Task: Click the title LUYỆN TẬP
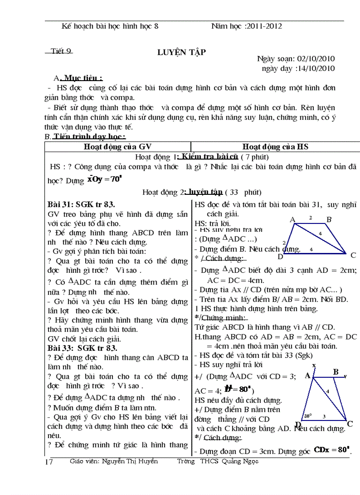181,52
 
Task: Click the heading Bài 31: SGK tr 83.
81,204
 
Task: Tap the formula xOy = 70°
104,179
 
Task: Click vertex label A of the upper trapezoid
292,220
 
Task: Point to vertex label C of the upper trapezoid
353,255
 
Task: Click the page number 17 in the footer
49,462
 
